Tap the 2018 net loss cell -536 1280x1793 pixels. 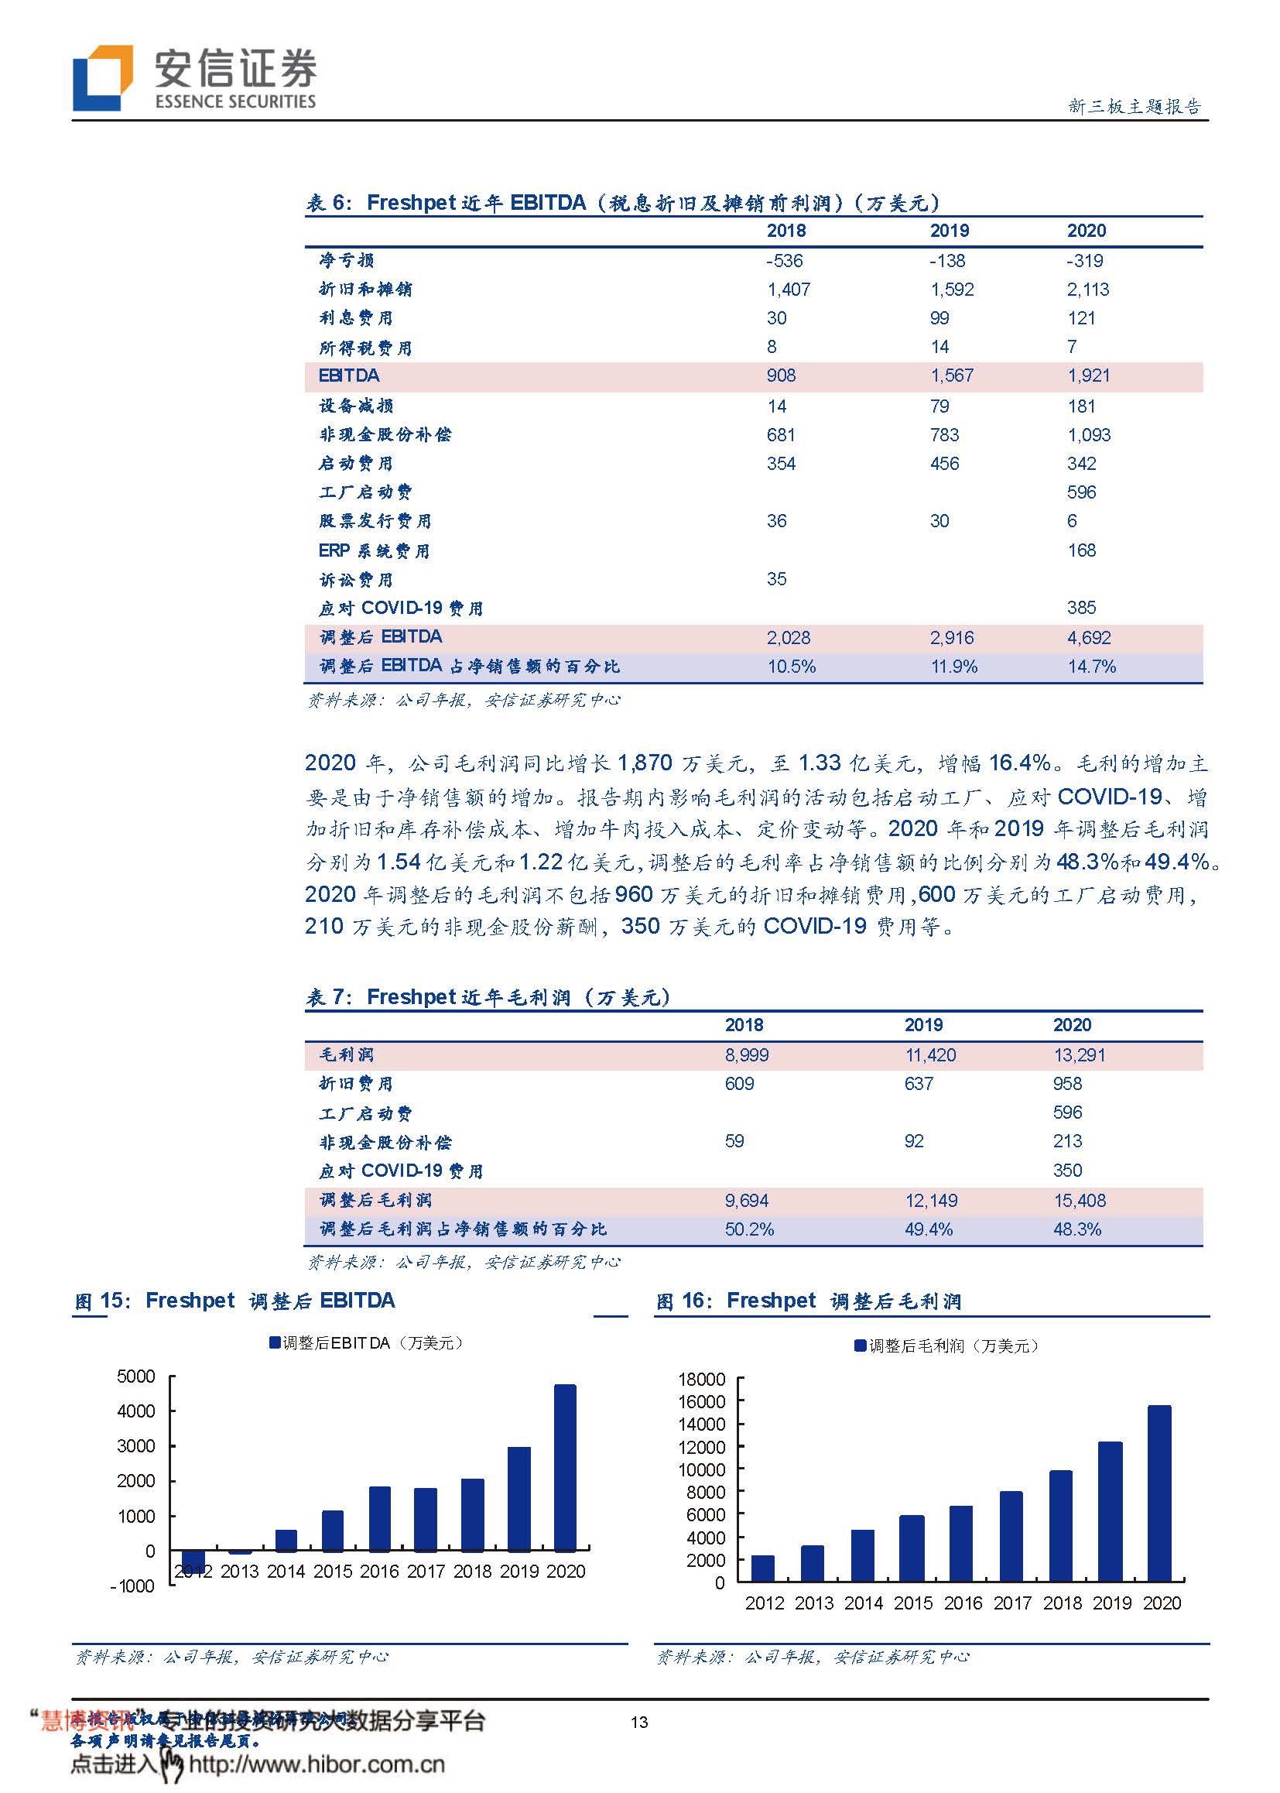pyautogui.click(x=784, y=261)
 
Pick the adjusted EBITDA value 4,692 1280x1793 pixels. pyautogui.click(x=1089, y=637)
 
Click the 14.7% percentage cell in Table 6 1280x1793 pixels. pyautogui.click(x=1092, y=667)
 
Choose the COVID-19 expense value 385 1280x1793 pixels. pyautogui.click(x=1081, y=607)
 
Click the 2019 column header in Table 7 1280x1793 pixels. pyautogui.click(x=923, y=1024)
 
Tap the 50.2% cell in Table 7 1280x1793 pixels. pyautogui.click(x=749, y=1229)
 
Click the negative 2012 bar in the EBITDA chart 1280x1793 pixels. pyautogui.click(x=193, y=1561)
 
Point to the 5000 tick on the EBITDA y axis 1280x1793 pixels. pyautogui.click(x=136, y=1376)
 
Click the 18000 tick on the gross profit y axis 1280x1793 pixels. pyautogui.click(x=701, y=1379)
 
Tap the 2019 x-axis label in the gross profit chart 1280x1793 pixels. pyautogui.click(x=1111, y=1603)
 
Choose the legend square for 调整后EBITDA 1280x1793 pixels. pyautogui.click(x=275, y=1342)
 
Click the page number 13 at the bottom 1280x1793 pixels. pyautogui.click(x=639, y=1722)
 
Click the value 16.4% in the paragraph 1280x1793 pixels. pyautogui.click(x=1020, y=763)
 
